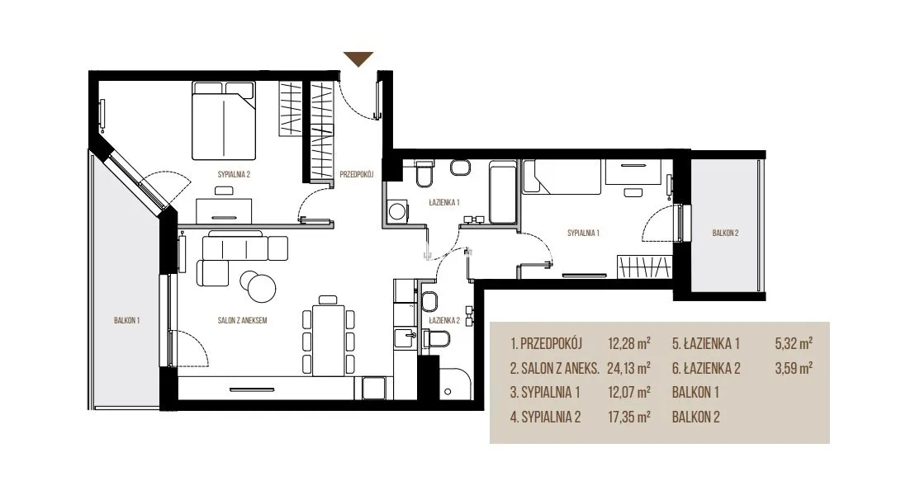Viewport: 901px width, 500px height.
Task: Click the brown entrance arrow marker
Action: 358,59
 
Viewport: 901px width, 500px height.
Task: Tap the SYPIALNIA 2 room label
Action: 234,175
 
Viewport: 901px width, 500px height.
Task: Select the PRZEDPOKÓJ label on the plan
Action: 356,174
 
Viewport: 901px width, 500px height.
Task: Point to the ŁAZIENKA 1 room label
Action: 444,202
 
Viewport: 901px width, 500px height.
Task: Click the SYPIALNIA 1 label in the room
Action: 583,233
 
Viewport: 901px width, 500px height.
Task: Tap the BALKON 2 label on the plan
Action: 725,233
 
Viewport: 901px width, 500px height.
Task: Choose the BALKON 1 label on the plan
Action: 126,320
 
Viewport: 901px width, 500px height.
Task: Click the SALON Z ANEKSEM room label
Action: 242,320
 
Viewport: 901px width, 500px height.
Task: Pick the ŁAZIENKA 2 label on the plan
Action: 444,321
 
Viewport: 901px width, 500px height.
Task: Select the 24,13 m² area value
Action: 628,368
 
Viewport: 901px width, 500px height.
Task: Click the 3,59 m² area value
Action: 794,368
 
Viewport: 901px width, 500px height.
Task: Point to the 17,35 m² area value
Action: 628,417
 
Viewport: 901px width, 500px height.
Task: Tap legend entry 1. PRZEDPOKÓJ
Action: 546,343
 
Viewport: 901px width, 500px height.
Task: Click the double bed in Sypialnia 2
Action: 223,120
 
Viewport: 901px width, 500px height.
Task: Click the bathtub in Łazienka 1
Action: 503,192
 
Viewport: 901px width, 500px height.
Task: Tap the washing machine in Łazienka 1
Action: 397,210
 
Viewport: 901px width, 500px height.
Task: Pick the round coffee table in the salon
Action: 258,285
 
